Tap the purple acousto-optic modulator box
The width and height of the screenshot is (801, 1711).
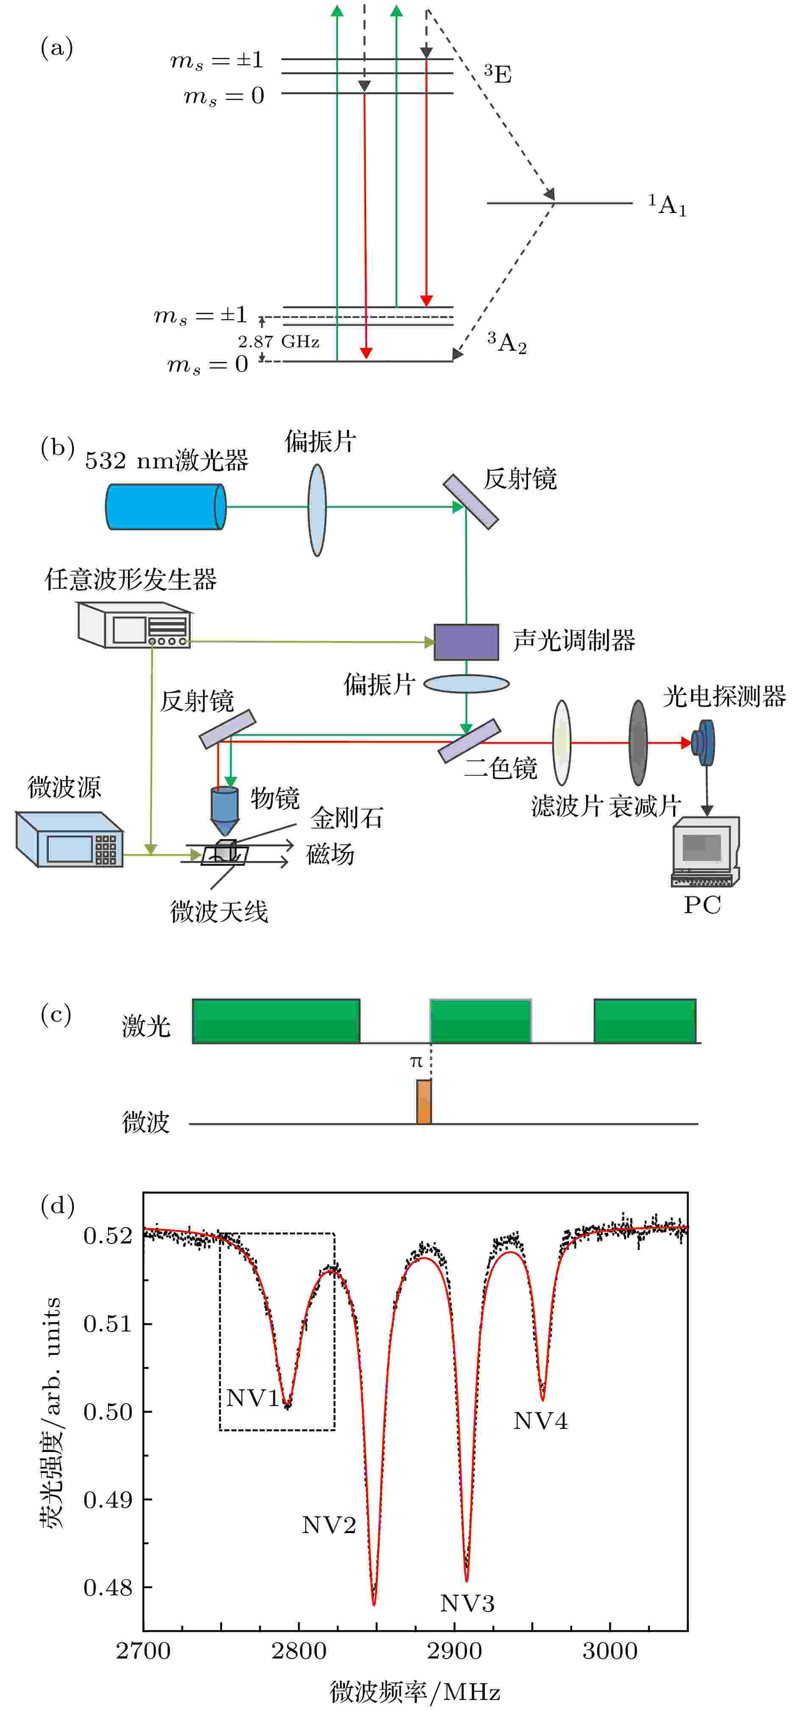click(x=466, y=642)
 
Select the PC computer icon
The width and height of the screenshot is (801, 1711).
click(x=705, y=851)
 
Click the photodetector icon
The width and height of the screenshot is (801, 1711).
click(x=703, y=742)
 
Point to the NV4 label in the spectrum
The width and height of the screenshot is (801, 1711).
click(x=540, y=1421)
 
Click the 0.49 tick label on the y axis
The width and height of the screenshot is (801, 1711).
click(x=108, y=1499)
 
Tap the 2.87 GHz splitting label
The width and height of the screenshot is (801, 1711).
click(x=278, y=341)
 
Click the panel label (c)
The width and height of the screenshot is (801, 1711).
click(x=56, y=1014)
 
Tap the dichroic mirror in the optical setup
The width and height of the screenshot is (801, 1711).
click(x=469, y=740)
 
